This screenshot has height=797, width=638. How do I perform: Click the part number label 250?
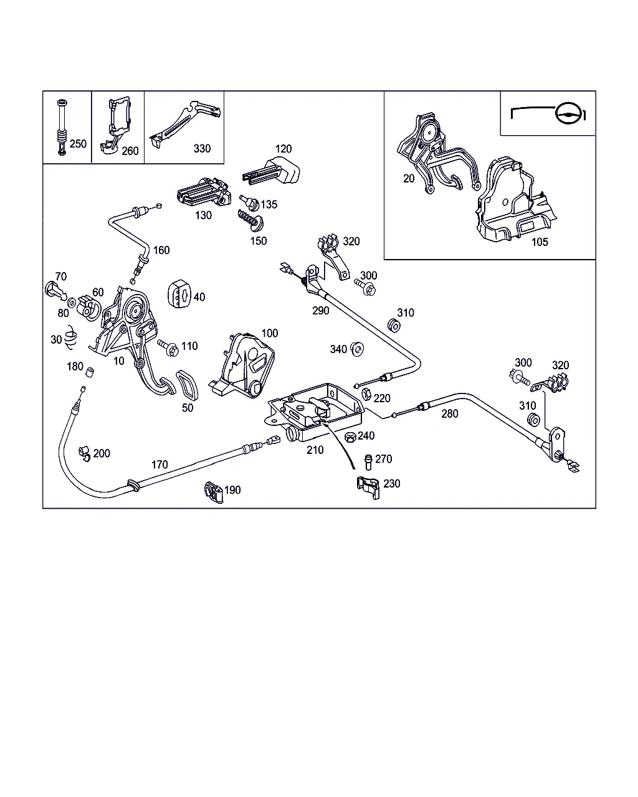pos(78,144)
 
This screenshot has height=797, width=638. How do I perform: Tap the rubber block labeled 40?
pos(179,294)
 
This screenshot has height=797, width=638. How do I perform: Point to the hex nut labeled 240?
pos(350,437)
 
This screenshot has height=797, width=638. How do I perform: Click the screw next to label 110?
pos(168,347)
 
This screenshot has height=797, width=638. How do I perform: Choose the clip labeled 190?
pos(214,492)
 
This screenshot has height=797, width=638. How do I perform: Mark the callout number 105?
pos(540,242)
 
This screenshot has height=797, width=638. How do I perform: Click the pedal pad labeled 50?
pos(187,385)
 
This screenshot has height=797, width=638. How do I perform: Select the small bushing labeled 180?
pos(90,372)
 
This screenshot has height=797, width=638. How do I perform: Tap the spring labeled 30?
pos(70,337)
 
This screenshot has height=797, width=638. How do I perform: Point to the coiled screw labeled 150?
pos(250,220)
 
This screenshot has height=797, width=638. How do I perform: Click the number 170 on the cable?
pos(159,465)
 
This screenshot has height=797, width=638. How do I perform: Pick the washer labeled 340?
pos(357,349)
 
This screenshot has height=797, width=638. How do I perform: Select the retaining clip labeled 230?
pos(368,488)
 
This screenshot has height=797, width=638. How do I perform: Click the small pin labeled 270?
pos(368,462)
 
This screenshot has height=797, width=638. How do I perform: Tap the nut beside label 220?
pos(366,394)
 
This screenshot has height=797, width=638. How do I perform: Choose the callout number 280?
pos(449,413)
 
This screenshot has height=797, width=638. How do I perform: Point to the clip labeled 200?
pos(84,454)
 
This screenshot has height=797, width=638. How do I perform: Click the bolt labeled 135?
pos(249,203)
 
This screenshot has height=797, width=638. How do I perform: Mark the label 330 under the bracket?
pos(202,149)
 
